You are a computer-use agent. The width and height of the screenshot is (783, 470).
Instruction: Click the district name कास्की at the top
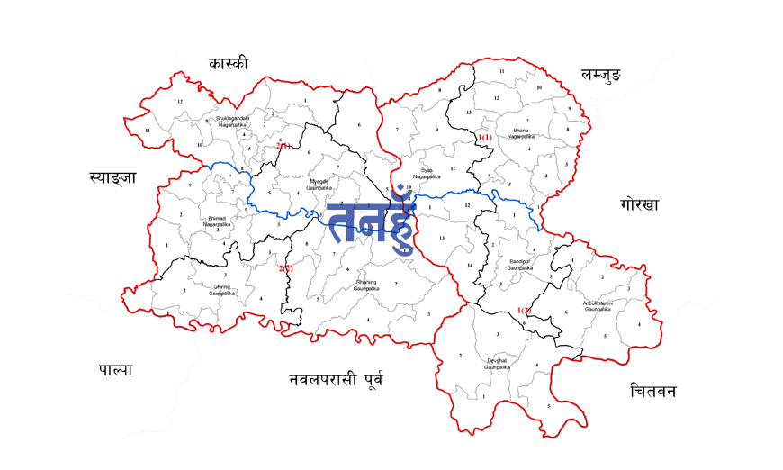(x=229, y=63)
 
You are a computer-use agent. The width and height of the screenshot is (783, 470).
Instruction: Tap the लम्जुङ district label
(x=590, y=77)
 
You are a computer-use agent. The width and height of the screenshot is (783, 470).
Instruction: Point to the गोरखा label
(x=639, y=204)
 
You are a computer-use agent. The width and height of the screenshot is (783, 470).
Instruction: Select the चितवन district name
(x=653, y=391)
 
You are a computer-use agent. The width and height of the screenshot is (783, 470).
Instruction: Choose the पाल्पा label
(x=115, y=368)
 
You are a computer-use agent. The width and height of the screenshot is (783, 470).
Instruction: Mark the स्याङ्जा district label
(x=112, y=177)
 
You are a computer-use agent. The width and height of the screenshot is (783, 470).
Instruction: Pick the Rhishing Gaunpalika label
(x=367, y=285)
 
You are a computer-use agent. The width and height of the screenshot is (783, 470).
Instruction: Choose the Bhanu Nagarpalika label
(x=520, y=133)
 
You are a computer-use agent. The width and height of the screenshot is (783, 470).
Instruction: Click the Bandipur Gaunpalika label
(x=520, y=266)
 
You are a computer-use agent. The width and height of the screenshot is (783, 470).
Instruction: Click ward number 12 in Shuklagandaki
(x=180, y=102)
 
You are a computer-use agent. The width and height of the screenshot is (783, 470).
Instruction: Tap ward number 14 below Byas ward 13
(x=470, y=266)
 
